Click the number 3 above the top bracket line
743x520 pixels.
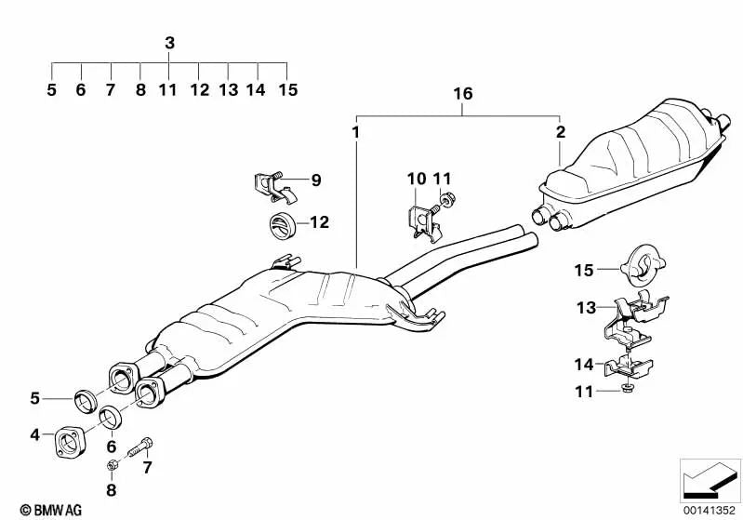tap(169, 43)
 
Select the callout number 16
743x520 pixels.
tap(462, 95)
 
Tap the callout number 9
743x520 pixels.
tap(315, 180)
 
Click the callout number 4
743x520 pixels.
tap(34, 434)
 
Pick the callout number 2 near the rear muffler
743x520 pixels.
tap(560, 133)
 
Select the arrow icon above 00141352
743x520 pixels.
tap(709, 479)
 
